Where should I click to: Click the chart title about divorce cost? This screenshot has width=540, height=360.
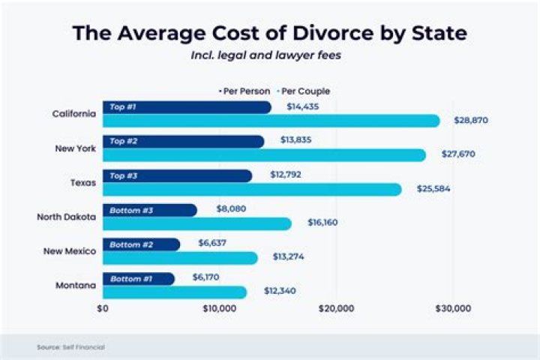click(270, 34)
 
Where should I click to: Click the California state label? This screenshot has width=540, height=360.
click(73, 114)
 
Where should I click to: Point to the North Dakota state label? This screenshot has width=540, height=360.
click(66, 217)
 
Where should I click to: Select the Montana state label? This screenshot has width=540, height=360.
click(76, 286)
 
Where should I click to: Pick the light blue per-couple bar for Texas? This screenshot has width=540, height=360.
click(251, 189)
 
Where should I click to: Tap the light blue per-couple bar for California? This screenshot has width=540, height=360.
click(270, 121)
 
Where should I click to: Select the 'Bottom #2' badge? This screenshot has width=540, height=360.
click(130, 244)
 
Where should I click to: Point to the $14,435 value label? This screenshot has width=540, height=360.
click(303, 107)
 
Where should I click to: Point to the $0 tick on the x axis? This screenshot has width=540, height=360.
click(103, 308)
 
